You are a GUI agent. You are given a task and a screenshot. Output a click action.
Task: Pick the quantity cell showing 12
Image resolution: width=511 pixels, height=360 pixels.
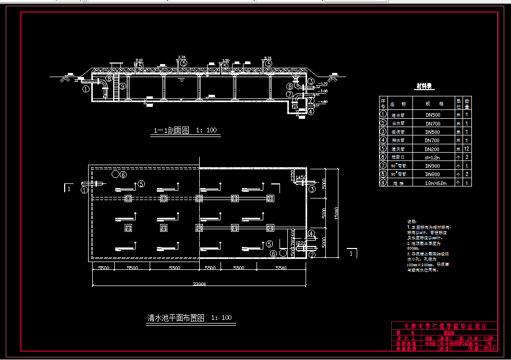click(467, 149)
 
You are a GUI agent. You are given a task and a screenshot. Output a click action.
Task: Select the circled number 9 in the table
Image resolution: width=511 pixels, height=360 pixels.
click(383, 183)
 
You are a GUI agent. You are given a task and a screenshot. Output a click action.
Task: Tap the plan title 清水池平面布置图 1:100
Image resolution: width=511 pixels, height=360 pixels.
click(190, 317)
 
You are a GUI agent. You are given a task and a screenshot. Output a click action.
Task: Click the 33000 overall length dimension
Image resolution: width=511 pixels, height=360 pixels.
click(199, 284)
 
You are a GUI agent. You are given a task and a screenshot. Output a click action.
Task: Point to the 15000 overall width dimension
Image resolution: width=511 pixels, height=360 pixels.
click(337, 214)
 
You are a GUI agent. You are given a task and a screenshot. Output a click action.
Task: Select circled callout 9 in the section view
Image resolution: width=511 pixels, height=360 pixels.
click(123, 86)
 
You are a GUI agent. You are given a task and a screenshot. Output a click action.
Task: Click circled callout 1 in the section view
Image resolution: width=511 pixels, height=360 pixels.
click(86, 89)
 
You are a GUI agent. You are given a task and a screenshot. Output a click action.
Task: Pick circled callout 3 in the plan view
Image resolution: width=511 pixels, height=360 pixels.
click(312, 189)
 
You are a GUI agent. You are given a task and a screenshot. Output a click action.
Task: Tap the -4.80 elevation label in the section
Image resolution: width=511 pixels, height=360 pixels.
click(323, 102)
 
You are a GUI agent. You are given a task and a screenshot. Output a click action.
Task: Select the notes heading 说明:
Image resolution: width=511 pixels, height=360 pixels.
click(412, 221)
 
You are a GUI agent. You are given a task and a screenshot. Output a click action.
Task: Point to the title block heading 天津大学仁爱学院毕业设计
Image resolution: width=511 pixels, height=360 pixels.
click(445, 326)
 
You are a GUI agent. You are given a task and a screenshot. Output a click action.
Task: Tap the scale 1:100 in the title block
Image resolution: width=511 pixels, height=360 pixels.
click(488, 338)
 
